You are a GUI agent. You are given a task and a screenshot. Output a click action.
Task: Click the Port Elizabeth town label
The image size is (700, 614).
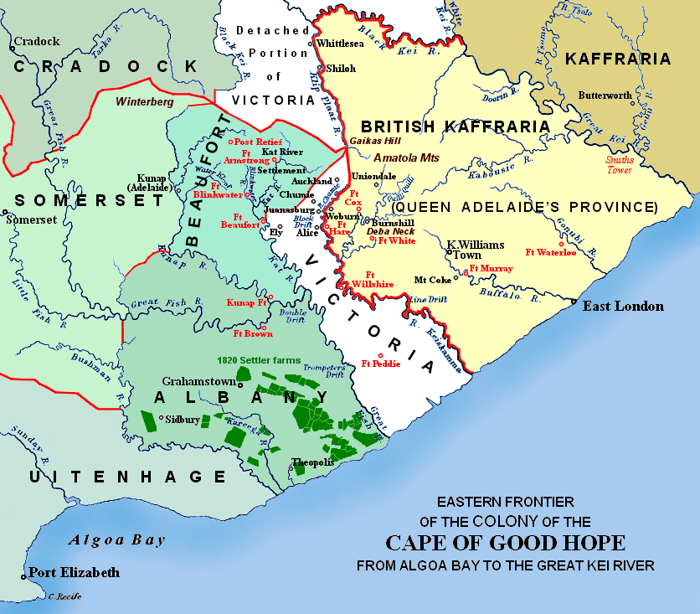[74, 573]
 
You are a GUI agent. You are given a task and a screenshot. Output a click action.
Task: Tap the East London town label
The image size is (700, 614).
[623, 306]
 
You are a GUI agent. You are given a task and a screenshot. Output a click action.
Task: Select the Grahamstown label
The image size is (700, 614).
[198, 379]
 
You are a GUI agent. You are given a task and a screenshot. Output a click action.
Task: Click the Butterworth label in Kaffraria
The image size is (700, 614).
[605, 95]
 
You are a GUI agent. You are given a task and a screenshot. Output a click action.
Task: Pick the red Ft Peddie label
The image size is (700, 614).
[381, 364]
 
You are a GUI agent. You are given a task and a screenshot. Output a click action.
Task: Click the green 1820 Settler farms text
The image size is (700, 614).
[259, 360]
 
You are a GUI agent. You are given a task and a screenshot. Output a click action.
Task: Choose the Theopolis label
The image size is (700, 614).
[312, 462]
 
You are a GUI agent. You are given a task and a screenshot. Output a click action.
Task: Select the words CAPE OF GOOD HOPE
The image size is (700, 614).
[505, 542]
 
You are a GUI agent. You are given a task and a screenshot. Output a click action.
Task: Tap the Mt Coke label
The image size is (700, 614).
[434, 280]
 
